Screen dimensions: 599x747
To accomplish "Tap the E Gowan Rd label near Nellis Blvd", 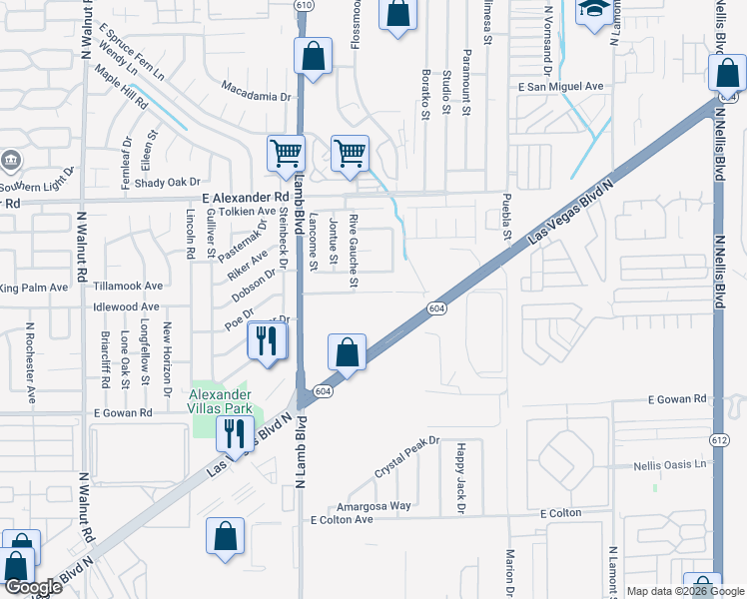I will pyautogui.click(x=676, y=399).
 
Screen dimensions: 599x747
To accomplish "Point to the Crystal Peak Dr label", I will pyautogui.click(x=407, y=456).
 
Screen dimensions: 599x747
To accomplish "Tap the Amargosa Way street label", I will pyautogui.click(x=374, y=506).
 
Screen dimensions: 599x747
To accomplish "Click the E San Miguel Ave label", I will pyautogui.click(x=560, y=87).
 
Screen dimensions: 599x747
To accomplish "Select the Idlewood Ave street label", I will pyautogui.click(x=126, y=307).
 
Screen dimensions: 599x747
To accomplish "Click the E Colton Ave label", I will pyautogui.click(x=342, y=520).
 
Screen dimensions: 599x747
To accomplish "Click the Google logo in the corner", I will pyautogui.click(x=33, y=588).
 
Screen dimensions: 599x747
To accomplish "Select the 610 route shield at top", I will pyautogui.click(x=304, y=5).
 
